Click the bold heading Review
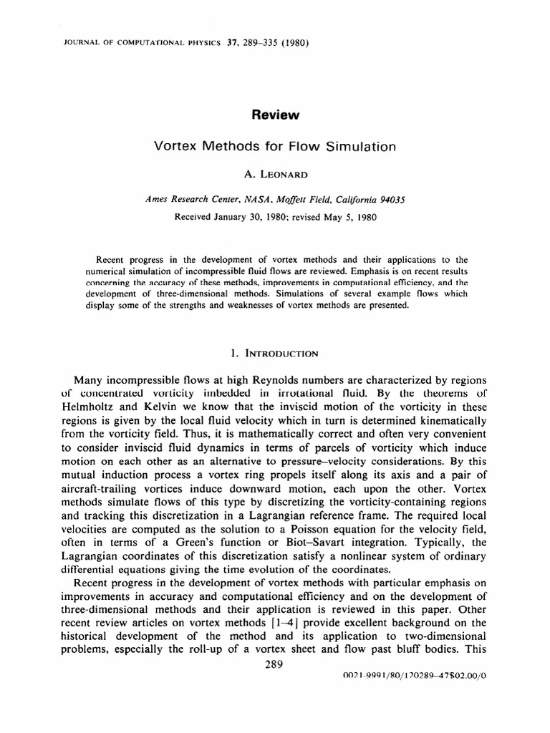click(275, 115)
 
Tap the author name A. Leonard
click(275, 174)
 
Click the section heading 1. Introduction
click(275, 353)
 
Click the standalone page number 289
click(274, 664)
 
